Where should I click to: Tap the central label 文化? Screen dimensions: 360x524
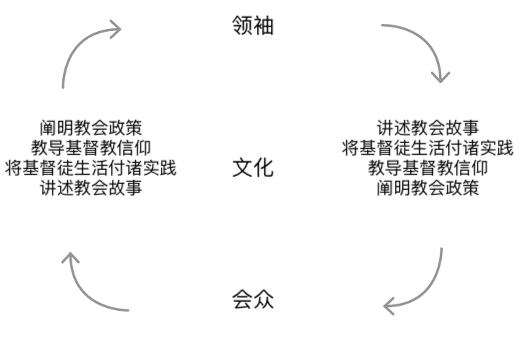(x=252, y=167)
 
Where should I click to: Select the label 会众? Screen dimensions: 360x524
(x=252, y=299)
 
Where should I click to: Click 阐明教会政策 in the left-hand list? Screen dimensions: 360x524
(x=91, y=129)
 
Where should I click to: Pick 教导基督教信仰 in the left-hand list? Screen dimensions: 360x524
(x=91, y=148)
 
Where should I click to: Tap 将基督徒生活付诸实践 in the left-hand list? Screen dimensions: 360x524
(x=91, y=167)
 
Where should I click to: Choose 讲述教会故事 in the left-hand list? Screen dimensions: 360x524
(x=91, y=186)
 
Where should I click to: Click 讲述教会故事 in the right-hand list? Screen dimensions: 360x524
(x=428, y=129)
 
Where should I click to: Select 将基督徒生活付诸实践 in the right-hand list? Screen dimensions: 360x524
(x=428, y=148)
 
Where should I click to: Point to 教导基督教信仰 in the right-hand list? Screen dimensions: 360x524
(x=428, y=167)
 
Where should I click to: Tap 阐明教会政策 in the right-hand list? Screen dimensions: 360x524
(x=428, y=186)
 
